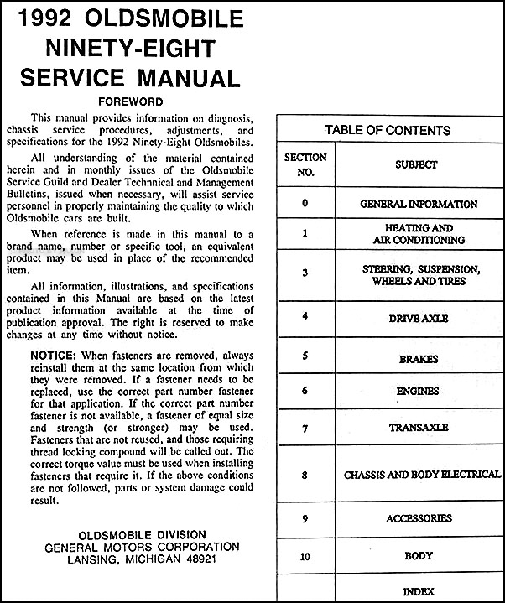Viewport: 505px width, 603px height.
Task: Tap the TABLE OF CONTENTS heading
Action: (388, 130)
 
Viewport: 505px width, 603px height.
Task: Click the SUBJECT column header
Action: (417, 165)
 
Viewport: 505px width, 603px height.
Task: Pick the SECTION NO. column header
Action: (305, 165)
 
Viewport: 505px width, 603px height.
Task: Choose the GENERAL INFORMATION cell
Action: (419, 204)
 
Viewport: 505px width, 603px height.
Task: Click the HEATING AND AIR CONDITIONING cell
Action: (419, 234)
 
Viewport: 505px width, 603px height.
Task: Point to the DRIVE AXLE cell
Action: (419, 319)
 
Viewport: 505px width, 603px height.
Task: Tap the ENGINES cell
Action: (418, 391)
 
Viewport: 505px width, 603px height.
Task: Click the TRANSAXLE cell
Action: (419, 428)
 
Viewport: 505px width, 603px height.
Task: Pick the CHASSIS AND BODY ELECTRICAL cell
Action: (422, 475)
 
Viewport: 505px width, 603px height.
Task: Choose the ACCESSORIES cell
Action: (419, 519)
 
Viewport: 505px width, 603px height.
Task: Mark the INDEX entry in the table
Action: (418, 591)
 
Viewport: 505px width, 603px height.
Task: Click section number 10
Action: (305, 555)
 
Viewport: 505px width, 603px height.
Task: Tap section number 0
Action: (305, 204)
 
